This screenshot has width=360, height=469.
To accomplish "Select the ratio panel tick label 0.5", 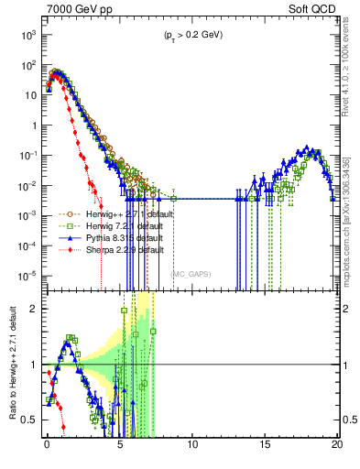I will pyautogui.click(x=31, y=420).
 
